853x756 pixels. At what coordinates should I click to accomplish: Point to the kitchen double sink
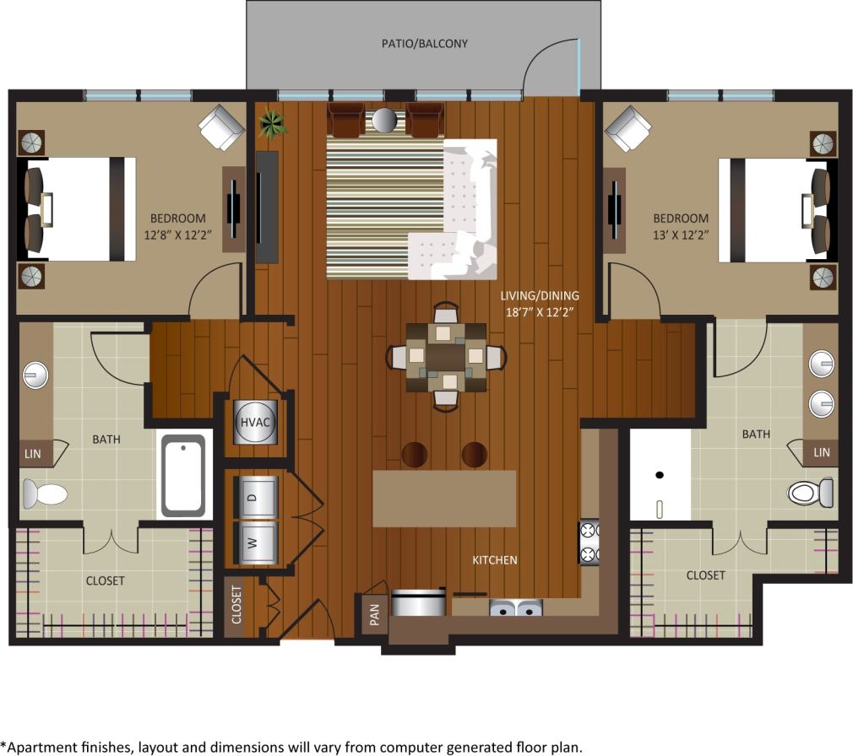click(x=515, y=607)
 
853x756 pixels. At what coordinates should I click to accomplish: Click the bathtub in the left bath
click(x=183, y=474)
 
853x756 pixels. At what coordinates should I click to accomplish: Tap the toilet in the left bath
click(x=44, y=493)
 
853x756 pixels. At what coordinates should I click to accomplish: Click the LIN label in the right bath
click(x=821, y=453)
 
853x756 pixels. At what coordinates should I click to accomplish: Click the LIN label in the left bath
click(x=32, y=453)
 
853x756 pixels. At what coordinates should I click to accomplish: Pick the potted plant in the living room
click(x=273, y=124)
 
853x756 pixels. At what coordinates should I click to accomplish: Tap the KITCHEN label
click(x=494, y=560)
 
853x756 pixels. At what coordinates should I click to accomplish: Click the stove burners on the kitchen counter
click(x=589, y=543)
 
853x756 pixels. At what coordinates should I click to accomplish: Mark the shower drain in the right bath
click(x=660, y=476)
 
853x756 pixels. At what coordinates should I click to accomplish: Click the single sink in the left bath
click(x=34, y=372)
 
